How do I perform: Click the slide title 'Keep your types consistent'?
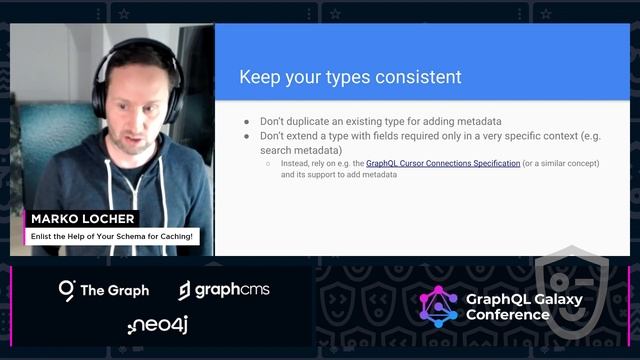coord(350,76)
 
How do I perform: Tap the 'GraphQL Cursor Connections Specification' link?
coord(443,162)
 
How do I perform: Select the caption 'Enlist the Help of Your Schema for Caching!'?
coord(110,235)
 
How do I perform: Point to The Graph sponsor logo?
coord(104,290)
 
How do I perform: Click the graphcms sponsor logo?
coord(224,290)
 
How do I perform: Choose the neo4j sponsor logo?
coord(158,325)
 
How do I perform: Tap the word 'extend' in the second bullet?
coord(308,135)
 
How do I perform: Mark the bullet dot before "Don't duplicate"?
coord(247,121)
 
